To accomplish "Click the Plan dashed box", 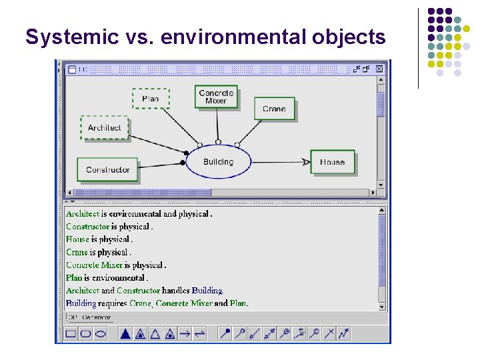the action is coord(151,99).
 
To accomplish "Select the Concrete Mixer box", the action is coord(216,97).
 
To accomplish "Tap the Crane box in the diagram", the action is coord(274,109).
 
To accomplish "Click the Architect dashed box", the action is coord(105,127).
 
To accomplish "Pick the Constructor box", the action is coord(107,169).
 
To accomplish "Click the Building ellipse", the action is coord(218,162).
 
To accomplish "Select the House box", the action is coord(332,162).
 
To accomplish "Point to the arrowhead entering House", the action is coord(306,162).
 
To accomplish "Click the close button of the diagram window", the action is coord(379,68).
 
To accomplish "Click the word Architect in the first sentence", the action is coord(82,214).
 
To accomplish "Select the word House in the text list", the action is coord(77,239).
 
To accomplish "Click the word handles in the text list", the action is coord(176,291).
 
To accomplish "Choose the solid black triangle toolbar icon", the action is coord(125,333).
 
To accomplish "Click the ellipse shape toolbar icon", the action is coord(100,333).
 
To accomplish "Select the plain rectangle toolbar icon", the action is coord(71,333).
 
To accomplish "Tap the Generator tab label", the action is coord(97,317).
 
